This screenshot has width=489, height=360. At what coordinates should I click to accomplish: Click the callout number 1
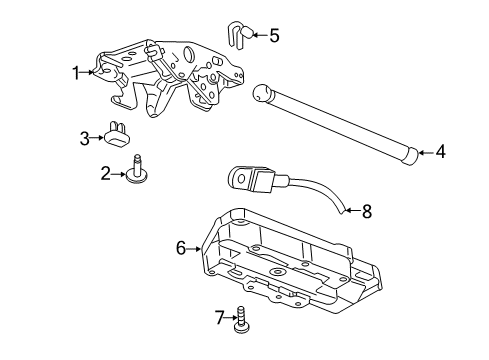(x=75, y=71)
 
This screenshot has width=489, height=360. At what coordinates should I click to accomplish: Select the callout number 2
(x=105, y=173)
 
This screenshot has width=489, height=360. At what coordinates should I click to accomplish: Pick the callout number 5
(x=274, y=35)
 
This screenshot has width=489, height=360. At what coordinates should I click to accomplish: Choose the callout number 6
(x=181, y=247)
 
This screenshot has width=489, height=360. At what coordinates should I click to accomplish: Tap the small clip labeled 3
(x=120, y=133)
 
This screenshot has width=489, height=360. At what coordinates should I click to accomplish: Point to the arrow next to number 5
(x=258, y=35)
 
